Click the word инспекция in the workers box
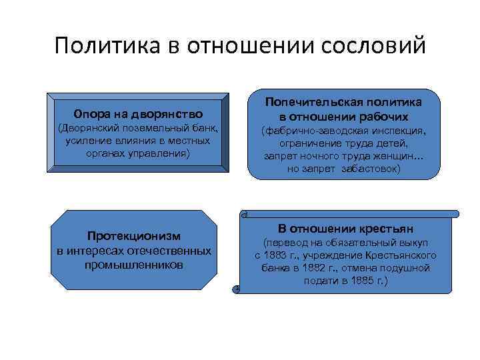[398, 131]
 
